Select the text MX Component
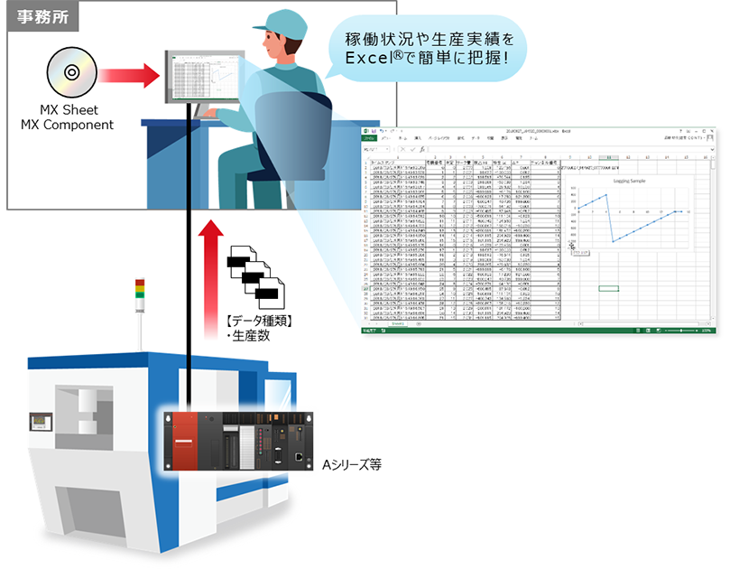pyautogui.click(x=68, y=125)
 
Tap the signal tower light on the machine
pyautogui.click(x=138, y=264)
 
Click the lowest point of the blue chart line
pyautogui.click(x=613, y=243)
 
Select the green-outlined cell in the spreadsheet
pyautogui.click(x=608, y=288)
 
